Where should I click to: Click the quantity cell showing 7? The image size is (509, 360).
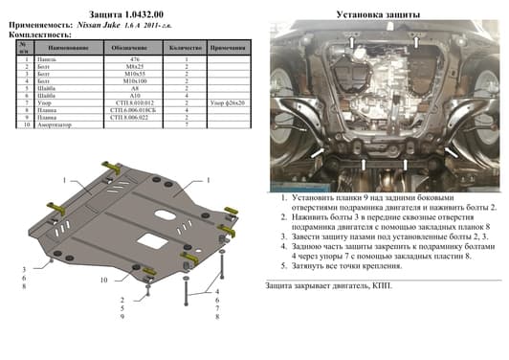(x=188, y=124)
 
